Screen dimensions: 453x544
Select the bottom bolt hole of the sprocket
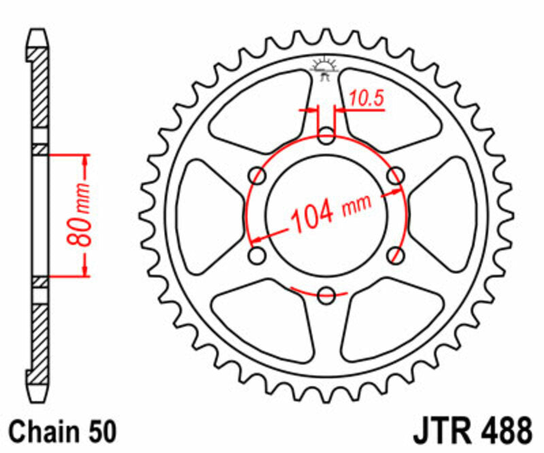pyautogui.click(x=326, y=295)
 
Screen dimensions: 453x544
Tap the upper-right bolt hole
pyautogui.click(x=394, y=177)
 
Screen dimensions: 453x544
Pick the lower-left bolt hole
pyautogui.click(x=258, y=256)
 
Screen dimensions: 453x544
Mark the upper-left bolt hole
pyautogui.click(x=258, y=177)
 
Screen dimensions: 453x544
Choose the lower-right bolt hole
pyautogui.click(x=394, y=256)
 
